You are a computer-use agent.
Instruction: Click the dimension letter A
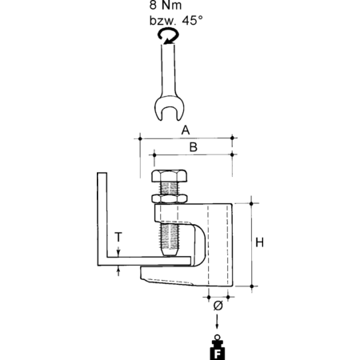tap(186, 130)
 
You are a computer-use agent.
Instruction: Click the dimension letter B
tap(194, 147)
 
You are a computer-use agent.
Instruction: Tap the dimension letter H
tap(259, 242)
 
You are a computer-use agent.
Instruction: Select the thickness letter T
tap(118, 237)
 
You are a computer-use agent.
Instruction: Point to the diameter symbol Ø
tap(218, 306)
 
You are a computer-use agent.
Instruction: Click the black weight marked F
tap(218, 348)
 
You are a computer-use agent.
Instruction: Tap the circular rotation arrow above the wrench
tap(168, 36)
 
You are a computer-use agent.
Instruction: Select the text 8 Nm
tap(166, 5)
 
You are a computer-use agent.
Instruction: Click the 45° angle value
tap(192, 21)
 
